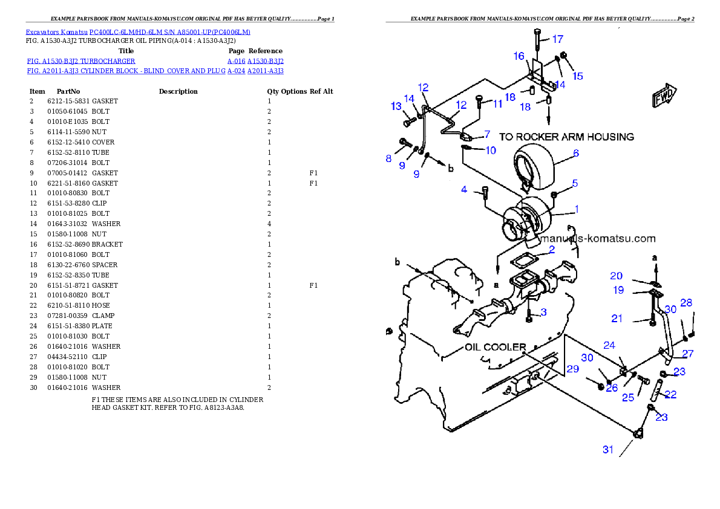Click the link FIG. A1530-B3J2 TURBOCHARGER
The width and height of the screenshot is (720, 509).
point(81,61)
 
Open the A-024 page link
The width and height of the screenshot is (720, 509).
point(236,71)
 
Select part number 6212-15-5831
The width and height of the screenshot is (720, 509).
point(68,101)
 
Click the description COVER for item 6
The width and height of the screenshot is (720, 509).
point(103,142)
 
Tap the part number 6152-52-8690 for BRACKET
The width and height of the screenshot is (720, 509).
point(68,244)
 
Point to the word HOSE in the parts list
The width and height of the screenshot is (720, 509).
point(100,306)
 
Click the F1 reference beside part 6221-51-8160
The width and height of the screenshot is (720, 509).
point(313,183)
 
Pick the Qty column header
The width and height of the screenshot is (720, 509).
point(273,91)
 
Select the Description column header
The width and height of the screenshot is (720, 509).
point(178,91)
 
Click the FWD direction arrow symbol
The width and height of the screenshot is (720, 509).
point(664,96)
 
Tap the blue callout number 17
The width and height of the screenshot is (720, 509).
point(557,39)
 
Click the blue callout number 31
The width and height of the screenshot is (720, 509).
point(608,449)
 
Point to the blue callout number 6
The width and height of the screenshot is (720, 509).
point(576,153)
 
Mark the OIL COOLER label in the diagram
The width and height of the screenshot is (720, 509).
point(496,347)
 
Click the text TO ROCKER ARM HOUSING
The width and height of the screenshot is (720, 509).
point(567,137)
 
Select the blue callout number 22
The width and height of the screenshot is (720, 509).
point(670,394)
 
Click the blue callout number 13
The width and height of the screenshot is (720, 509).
point(396,106)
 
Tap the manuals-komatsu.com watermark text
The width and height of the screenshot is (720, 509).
point(597,239)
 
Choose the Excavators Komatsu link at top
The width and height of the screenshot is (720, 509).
point(56,32)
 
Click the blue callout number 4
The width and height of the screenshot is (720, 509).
point(464,189)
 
